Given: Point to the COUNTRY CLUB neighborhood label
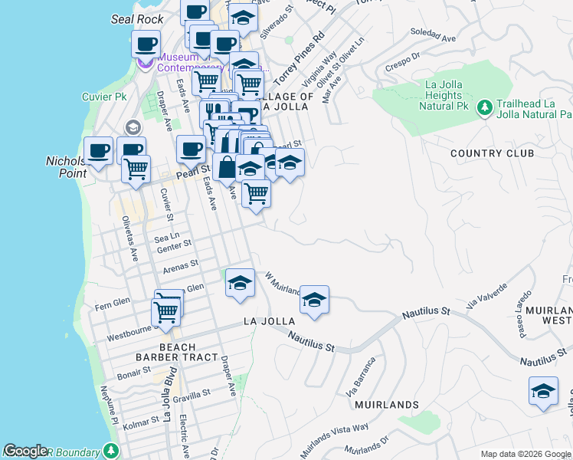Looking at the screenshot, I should tap(492, 153).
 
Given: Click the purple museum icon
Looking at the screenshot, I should tap(146, 62).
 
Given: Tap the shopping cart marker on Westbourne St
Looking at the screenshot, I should tap(165, 311).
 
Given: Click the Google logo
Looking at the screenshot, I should tap(25, 451).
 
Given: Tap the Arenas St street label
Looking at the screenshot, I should tap(181, 265).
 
